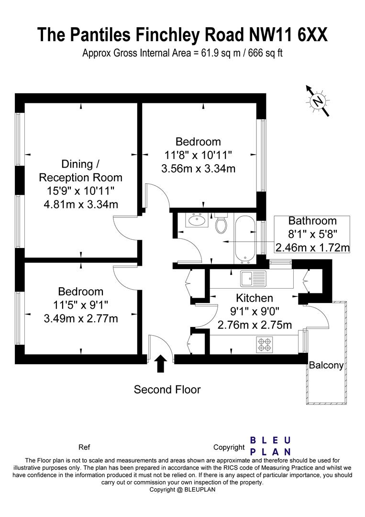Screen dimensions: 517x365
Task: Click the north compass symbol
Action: tap(317, 101)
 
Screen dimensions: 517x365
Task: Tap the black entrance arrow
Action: tap(161, 363)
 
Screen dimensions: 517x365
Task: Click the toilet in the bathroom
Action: tap(221, 224)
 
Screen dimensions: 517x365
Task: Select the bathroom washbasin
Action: tap(196, 221)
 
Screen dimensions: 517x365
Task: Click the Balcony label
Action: tap(326, 365)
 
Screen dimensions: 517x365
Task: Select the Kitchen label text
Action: tap(254, 298)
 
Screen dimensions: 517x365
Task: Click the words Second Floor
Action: tap(167, 390)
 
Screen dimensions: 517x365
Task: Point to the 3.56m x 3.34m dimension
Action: tap(198, 169)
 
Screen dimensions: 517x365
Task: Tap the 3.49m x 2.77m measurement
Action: tap(80, 318)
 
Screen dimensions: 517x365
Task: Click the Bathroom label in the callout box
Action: tap(312, 221)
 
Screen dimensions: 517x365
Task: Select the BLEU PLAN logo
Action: tap(271, 446)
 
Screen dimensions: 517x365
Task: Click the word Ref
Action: tap(84, 448)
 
